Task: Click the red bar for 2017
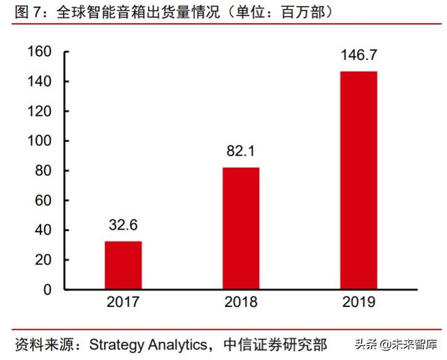[123, 265]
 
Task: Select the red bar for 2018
[241, 228]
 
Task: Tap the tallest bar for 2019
[358, 180]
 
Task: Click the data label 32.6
[123, 225]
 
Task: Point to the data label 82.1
[241, 151]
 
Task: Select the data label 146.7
[358, 55]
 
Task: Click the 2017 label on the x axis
[123, 302]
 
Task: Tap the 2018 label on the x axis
[241, 302]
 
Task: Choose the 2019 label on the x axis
[358, 302]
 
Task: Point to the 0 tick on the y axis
[47, 290]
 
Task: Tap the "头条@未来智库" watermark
[395, 344]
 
